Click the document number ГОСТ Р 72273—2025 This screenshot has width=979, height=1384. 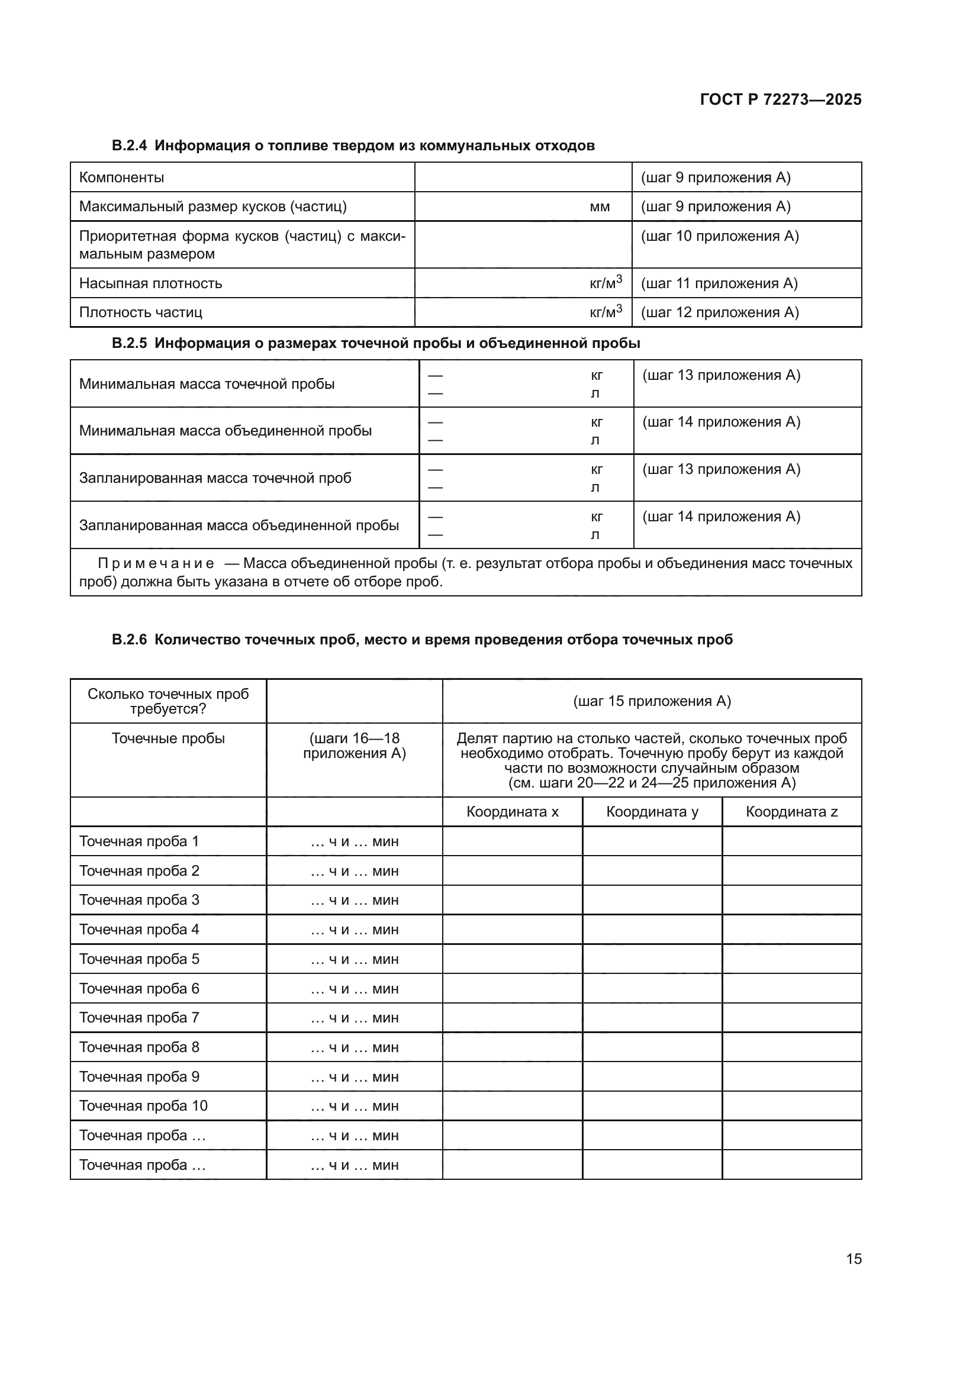click(780, 99)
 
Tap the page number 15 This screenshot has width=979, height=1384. click(854, 1259)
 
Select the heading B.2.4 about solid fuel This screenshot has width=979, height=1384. click(353, 146)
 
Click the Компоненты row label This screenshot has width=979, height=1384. click(121, 178)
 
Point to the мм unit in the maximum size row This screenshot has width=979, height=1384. click(599, 207)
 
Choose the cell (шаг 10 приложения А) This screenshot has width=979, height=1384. click(719, 236)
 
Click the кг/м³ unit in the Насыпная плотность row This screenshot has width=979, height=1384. click(606, 283)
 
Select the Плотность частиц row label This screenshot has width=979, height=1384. click(140, 312)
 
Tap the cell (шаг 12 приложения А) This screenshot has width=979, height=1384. click(719, 312)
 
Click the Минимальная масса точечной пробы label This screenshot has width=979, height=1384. click(207, 384)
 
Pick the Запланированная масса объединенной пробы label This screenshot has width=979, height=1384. click(239, 525)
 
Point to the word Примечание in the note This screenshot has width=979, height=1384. click(156, 564)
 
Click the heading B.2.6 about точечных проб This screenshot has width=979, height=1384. click(422, 640)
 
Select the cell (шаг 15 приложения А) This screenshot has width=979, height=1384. click(652, 701)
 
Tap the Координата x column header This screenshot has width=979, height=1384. click(512, 812)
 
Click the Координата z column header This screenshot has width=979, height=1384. click(791, 812)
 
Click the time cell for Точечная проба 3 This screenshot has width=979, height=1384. click(354, 900)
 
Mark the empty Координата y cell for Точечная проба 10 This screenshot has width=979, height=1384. click(652, 1105)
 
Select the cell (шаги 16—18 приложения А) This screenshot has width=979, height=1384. click(354, 746)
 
